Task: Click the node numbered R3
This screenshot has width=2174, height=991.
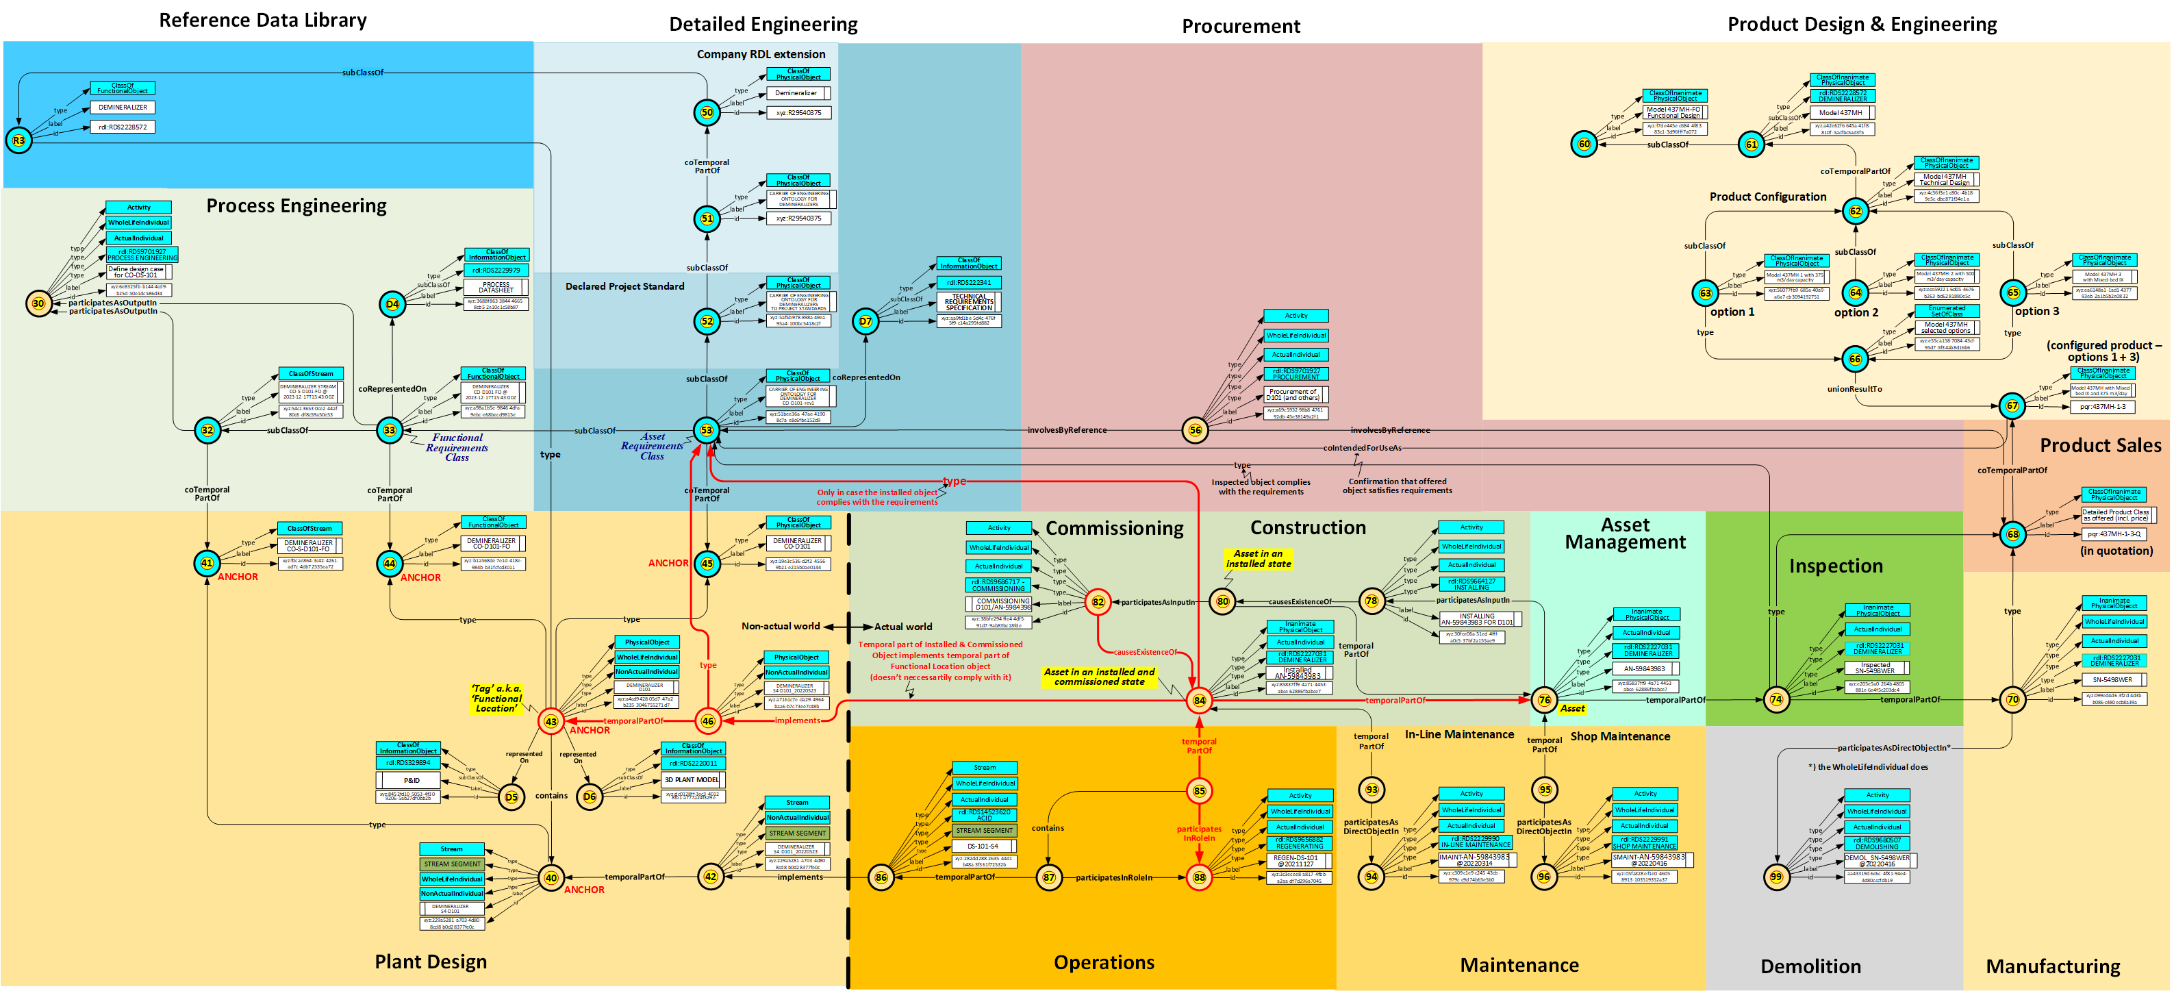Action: (18, 140)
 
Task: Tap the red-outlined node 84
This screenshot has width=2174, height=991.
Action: (1198, 700)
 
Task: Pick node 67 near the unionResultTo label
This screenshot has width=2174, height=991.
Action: (2013, 406)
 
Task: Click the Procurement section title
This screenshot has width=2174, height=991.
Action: (1240, 26)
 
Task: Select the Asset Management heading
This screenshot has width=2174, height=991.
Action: (1625, 534)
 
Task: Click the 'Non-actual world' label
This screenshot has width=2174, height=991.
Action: (780, 627)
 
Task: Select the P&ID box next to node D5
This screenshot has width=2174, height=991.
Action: (411, 780)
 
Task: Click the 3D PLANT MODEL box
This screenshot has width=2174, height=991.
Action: (692, 780)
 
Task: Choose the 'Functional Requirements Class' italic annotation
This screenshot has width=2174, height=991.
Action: (457, 447)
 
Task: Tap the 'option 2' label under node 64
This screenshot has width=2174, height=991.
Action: (1856, 312)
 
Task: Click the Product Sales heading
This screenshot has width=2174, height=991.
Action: (2100, 446)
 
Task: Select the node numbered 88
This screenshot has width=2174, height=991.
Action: (1198, 878)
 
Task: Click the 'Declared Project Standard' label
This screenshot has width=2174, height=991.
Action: (624, 286)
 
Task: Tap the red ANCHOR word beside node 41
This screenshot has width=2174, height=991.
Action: (238, 577)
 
